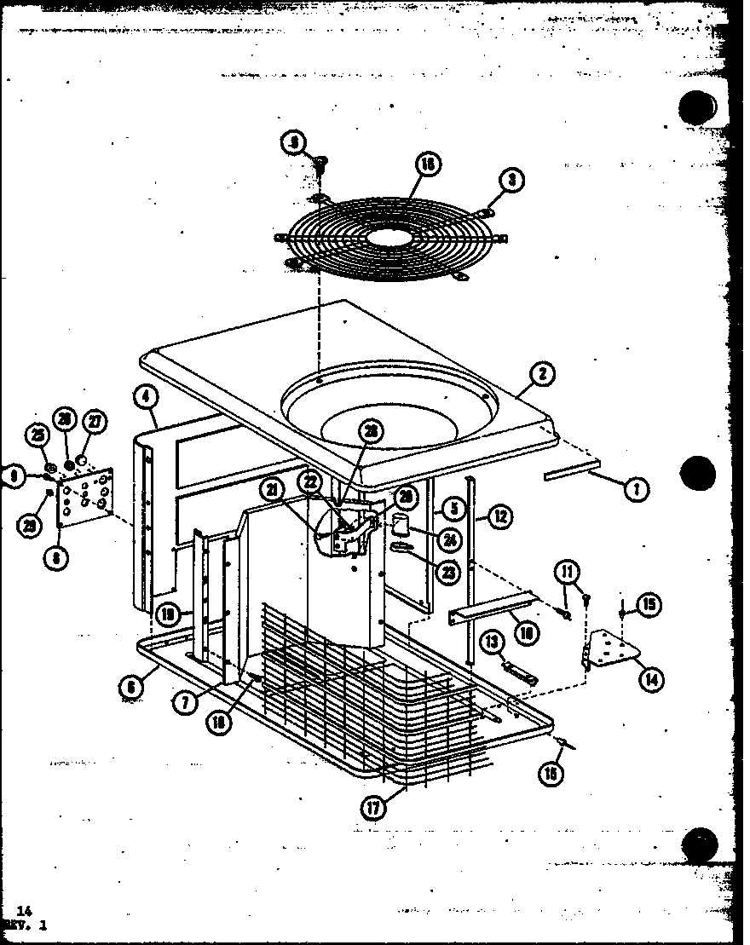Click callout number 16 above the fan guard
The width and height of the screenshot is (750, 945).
[x=429, y=164]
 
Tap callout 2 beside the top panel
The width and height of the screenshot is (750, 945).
[x=542, y=373]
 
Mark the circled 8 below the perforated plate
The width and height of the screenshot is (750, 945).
[x=55, y=558]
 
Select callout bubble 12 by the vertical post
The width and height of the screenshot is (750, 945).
[x=500, y=516]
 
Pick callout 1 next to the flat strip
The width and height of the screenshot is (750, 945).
[x=637, y=488]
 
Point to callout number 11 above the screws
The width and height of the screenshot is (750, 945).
[x=567, y=571]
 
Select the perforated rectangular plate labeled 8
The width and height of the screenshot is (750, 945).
[x=85, y=494]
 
